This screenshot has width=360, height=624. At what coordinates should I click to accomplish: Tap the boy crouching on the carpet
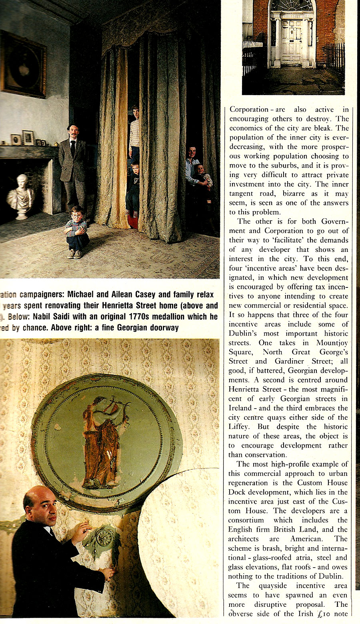click(76, 233)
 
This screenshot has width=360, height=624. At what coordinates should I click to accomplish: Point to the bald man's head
click(40, 505)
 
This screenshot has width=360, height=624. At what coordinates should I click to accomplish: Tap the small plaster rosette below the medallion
click(104, 538)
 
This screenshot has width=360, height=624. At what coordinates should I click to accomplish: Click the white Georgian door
click(292, 42)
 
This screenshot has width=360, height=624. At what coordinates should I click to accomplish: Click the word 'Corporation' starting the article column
click(249, 110)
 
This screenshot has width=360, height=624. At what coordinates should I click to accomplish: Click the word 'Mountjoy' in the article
click(332, 343)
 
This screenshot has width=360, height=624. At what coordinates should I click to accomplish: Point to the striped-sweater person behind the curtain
click(135, 132)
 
